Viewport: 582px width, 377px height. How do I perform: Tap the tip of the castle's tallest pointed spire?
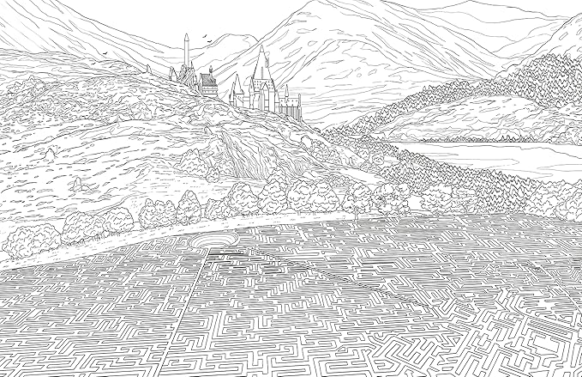point(261,46)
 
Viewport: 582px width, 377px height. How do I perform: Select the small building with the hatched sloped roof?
point(208,82)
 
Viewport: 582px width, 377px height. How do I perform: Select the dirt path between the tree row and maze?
point(171,240)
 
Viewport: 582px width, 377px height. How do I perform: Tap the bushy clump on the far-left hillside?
point(34,86)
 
